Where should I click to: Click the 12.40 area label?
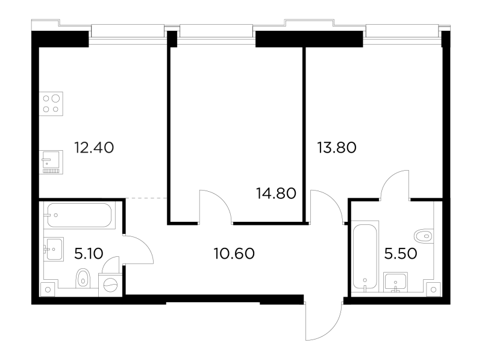pyautogui.click(x=94, y=148)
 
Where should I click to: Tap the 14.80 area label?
pyautogui.click(x=276, y=193)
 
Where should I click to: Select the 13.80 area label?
pyautogui.click(x=337, y=148)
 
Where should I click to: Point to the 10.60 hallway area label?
pyautogui.click(x=234, y=254)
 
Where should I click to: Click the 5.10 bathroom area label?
pyautogui.click(x=89, y=254)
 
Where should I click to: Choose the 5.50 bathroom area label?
pyautogui.click(x=401, y=254)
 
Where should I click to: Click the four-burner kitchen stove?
pyautogui.click(x=51, y=104)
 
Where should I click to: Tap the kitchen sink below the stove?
pyautogui.click(x=51, y=162)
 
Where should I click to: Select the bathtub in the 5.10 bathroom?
pyautogui.click(x=80, y=215)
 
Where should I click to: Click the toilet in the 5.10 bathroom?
pyautogui.click(x=83, y=278)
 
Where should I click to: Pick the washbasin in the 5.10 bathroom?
pyautogui.click(x=54, y=249)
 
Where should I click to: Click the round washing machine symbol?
pyautogui.click(x=111, y=285)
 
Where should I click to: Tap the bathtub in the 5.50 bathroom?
pyautogui.click(x=365, y=256)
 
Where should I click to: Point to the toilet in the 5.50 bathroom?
pyautogui.click(x=424, y=236)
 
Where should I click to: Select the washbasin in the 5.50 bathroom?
pyautogui.click(x=396, y=282)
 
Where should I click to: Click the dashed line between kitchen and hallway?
pyautogui.click(x=146, y=198)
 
